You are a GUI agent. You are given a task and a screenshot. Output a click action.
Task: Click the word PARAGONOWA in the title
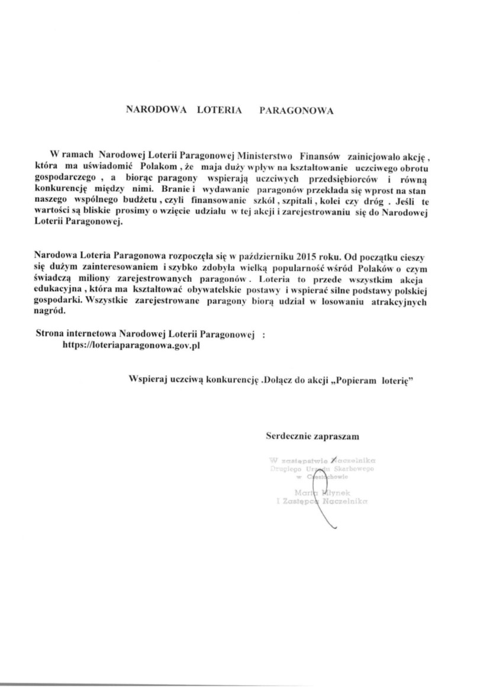click(297, 110)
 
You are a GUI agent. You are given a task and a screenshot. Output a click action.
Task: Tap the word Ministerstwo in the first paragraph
click(262, 157)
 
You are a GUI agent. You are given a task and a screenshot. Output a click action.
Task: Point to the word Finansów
click(320, 157)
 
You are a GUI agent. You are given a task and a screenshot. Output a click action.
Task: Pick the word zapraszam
click(338, 436)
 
